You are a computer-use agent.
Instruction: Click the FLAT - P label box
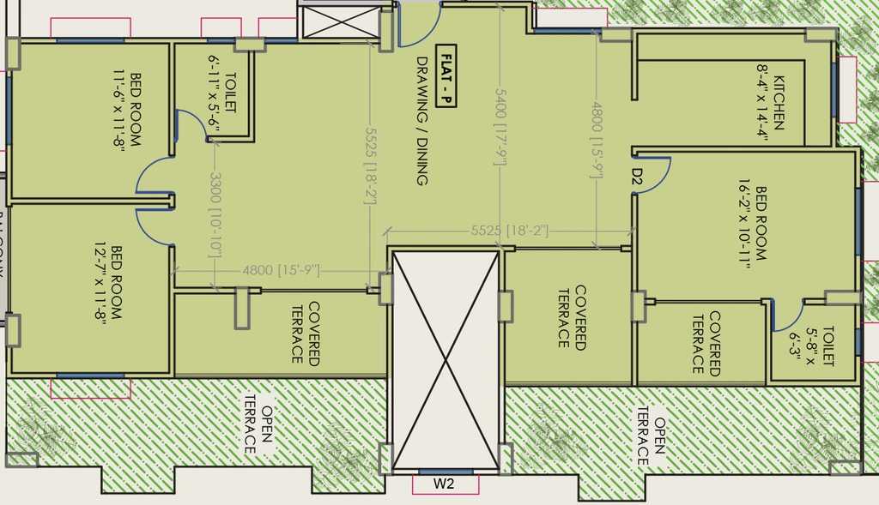446,76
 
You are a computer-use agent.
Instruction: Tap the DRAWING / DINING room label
422,121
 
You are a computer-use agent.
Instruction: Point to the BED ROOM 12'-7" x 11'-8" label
107,283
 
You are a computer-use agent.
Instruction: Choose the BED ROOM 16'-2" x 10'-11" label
752,224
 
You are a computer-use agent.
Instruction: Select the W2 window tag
444,484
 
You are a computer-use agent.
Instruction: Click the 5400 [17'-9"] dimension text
500,127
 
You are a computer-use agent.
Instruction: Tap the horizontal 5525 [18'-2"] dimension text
510,231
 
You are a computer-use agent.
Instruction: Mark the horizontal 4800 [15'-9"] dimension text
281,270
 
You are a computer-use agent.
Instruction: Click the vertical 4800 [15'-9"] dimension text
597,141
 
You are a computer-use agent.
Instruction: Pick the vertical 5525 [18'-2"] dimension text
370,166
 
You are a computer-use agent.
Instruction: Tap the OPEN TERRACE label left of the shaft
258,430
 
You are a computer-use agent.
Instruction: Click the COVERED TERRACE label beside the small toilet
706,343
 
